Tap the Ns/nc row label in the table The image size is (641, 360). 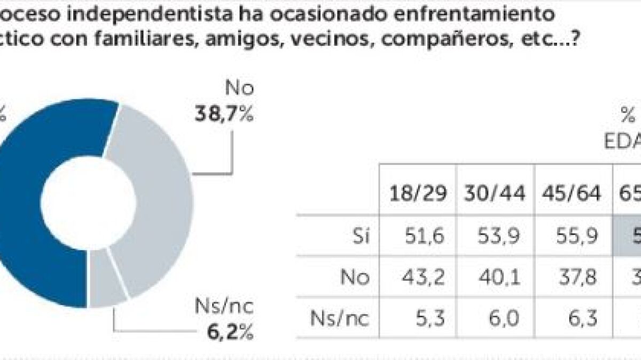coord(340,319)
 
